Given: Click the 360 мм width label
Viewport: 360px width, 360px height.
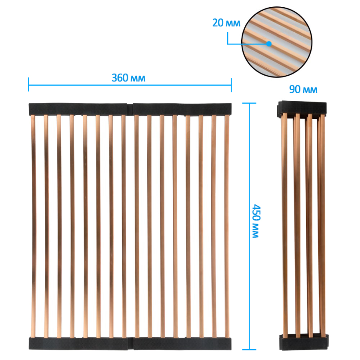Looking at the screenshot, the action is (128, 78).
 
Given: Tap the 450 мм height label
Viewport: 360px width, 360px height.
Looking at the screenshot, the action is (256, 221).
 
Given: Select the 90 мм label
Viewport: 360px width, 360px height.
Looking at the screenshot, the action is (303, 89).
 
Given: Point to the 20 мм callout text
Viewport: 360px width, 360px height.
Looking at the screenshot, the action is (226, 23).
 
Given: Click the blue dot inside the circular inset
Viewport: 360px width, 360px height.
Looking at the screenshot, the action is (269, 44).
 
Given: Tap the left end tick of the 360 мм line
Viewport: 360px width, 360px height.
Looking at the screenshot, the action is (29, 84).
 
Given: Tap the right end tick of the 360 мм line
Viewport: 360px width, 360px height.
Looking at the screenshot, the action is (231, 85).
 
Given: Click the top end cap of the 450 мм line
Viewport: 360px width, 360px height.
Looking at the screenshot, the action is (249, 103).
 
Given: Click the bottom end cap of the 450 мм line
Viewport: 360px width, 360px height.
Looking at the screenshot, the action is (249, 350).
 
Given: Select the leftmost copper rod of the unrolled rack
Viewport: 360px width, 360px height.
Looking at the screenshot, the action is (33, 226).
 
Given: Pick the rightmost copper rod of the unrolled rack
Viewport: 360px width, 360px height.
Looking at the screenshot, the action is (227, 226).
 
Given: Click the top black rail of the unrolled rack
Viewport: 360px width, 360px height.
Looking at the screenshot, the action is (130, 109).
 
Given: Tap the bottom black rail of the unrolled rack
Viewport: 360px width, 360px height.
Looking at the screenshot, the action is (130, 344).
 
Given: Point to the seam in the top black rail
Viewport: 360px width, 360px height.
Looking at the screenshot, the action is (130, 110).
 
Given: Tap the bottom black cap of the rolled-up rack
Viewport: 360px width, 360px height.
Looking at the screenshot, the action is (304, 342).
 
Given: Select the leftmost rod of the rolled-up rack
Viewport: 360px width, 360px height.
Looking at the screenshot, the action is (285, 226).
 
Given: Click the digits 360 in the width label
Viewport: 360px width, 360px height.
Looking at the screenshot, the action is (120, 78).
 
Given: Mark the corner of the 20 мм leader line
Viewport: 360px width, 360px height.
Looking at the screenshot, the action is (228, 44).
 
